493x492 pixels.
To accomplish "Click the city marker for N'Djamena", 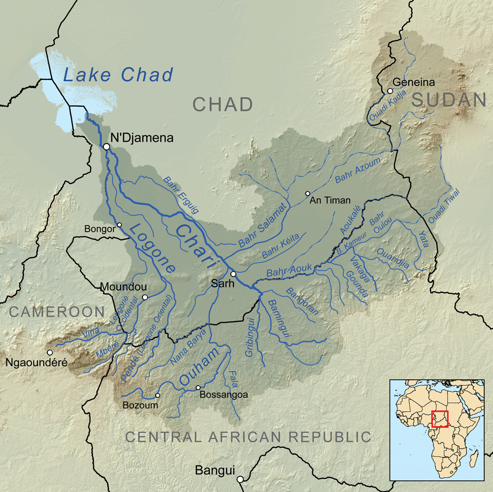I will pyautogui.click(x=106, y=147).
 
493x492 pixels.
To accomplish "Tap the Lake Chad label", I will pyautogui.click(x=119, y=75).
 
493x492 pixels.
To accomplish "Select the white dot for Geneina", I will pyautogui.click(x=390, y=91).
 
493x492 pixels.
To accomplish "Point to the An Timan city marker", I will pyautogui.click(x=308, y=193).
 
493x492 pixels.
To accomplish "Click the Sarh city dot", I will pyautogui.click(x=233, y=274).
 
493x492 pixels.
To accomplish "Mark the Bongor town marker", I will pyautogui.click(x=119, y=225).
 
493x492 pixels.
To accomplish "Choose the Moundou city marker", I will pyautogui.click(x=145, y=297).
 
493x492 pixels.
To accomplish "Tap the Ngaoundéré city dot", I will pyautogui.click(x=49, y=352).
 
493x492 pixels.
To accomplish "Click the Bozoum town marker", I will pyautogui.click(x=158, y=395).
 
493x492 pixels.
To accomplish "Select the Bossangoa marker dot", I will pyautogui.click(x=198, y=388).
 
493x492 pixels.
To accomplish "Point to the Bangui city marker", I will pyautogui.click(x=240, y=479).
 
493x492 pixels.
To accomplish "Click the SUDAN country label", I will pyautogui.click(x=449, y=100).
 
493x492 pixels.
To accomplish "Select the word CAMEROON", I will pyautogui.click(x=57, y=311).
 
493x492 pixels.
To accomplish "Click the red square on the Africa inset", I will pyautogui.click(x=440, y=419).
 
